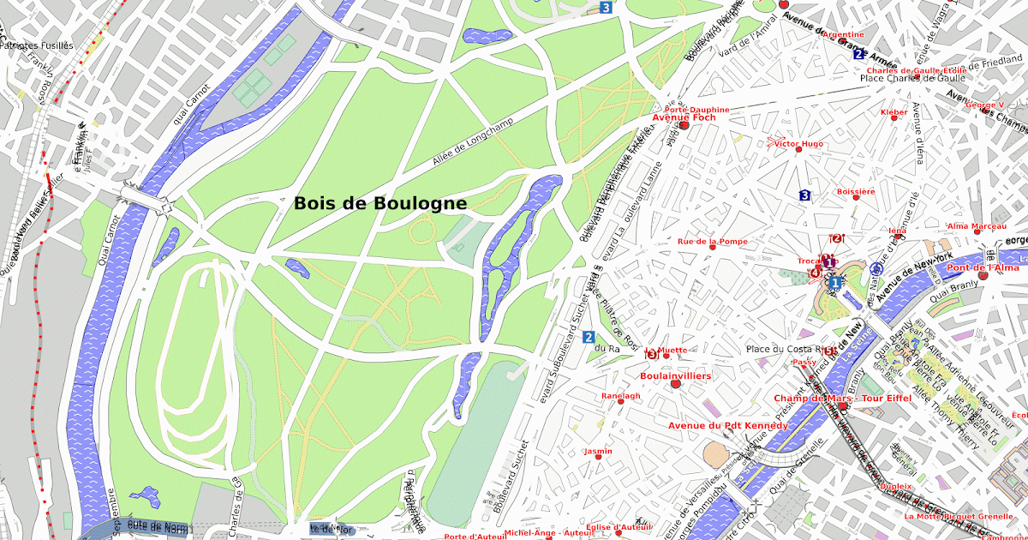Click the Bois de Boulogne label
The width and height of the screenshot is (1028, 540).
tap(380, 204)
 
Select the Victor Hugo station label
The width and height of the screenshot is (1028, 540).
tap(798, 143)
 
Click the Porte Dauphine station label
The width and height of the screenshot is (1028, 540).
tap(696, 110)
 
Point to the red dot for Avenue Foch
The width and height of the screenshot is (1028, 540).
tap(684, 125)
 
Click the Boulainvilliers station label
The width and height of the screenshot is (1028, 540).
tap(676, 375)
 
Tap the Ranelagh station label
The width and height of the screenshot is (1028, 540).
tap(621, 396)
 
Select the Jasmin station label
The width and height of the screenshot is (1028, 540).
tap(598, 451)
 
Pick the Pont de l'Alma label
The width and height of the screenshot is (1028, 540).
tap(983, 268)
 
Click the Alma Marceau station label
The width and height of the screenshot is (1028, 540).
tap(977, 226)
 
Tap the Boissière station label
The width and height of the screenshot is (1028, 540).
tap(856, 192)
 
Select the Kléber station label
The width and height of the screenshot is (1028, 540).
tap(894, 112)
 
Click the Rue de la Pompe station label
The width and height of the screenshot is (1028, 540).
tap(713, 242)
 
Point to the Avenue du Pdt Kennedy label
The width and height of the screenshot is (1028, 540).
tap(728, 425)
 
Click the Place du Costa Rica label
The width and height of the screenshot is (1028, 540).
tap(789, 349)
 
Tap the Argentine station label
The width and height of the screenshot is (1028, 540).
tap(843, 34)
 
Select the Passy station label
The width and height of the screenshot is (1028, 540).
tap(804, 362)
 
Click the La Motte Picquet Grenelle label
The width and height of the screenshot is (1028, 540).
tap(959, 517)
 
